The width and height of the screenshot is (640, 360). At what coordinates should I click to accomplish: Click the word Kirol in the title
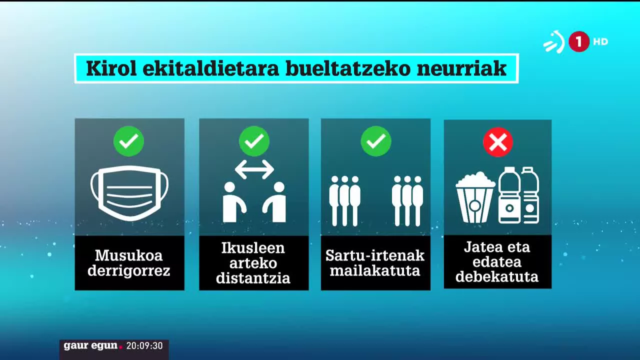click(111, 68)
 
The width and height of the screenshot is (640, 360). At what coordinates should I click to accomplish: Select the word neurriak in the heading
click(461, 68)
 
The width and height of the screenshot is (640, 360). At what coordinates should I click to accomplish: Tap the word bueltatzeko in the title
click(348, 68)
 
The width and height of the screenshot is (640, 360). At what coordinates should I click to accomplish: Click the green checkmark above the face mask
click(128, 141)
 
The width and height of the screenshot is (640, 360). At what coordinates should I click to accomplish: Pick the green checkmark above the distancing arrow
click(254, 141)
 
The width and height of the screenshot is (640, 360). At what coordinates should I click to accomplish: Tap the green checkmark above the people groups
click(375, 141)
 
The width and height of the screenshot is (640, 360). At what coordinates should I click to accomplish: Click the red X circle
click(498, 142)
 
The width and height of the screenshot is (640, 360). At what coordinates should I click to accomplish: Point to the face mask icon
click(129, 193)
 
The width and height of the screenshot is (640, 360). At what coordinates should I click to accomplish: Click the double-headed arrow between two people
click(254, 169)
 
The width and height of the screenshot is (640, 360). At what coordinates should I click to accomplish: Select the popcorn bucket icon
click(475, 197)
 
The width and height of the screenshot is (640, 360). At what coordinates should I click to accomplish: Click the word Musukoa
click(128, 255)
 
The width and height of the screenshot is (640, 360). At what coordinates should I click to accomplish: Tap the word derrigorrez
click(128, 270)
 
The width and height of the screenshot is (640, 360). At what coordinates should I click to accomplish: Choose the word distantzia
click(253, 278)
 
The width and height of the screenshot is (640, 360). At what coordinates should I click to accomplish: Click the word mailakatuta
click(375, 270)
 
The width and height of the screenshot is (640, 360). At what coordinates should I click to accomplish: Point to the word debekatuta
click(497, 276)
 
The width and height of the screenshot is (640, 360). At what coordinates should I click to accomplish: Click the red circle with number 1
click(579, 41)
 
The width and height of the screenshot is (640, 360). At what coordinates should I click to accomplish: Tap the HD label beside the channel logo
click(600, 41)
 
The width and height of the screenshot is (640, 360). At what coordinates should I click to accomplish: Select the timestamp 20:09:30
click(144, 345)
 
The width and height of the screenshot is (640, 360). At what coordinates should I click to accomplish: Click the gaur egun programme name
click(90, 345)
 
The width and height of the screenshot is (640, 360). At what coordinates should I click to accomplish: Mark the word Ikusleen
click(253, 247)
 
